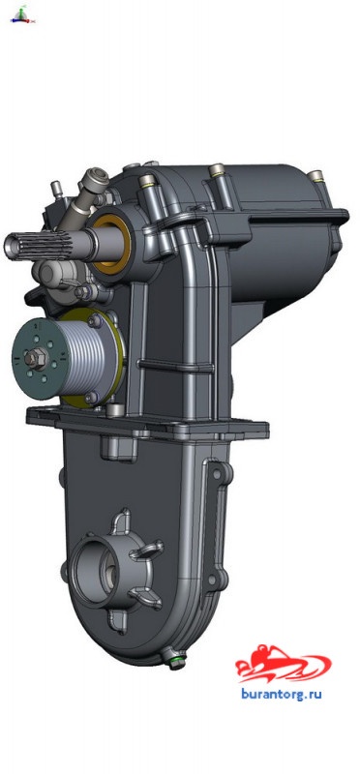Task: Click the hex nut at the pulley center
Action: click(36, 358)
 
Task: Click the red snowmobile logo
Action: click(283, 664)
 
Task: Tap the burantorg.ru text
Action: click(282, 694)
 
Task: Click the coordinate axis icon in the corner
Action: click(22, 15)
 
